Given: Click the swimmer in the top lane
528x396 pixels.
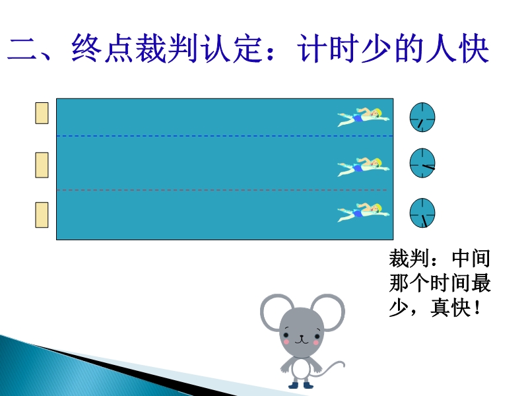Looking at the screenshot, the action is (364, 117).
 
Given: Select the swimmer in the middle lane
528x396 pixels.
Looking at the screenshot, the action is (364, 167).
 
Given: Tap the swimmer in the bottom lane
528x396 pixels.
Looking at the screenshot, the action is (364, 212).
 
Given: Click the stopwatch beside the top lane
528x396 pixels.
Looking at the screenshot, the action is (422, 117).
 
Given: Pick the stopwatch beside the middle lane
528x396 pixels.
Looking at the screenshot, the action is (422, 163).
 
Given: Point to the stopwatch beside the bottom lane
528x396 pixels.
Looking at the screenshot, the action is (422, 213).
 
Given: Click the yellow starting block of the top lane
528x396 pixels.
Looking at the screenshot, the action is (42, 113).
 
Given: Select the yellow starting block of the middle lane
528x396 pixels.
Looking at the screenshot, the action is (42, 165).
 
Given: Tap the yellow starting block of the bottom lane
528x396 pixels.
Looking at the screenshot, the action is (42, 215).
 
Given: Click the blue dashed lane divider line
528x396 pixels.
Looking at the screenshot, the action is (224, 136).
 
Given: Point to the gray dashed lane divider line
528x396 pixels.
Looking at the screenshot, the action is (222, 190).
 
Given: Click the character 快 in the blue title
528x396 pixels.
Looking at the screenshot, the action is (473, 49).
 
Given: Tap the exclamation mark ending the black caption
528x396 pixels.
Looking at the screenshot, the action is (477, 308).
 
